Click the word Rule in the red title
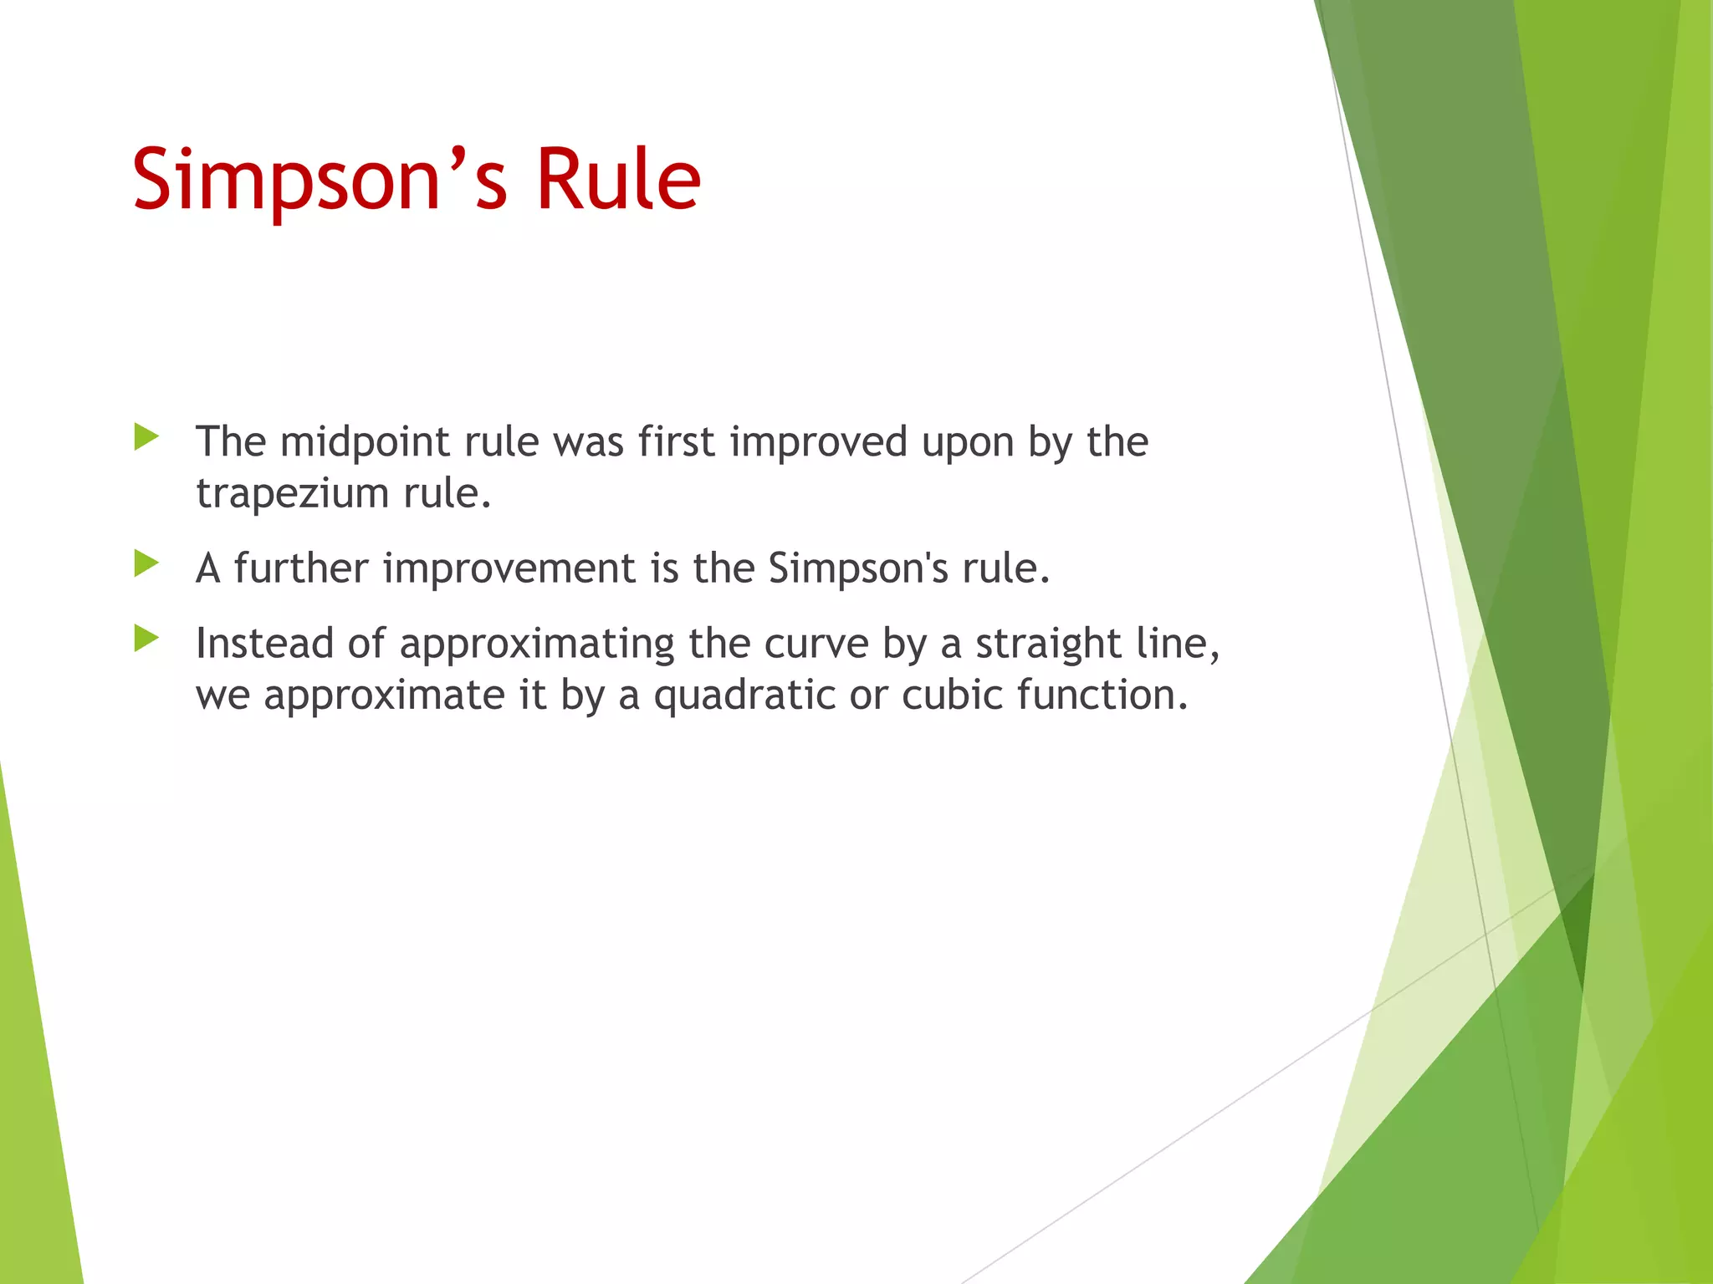(x=617, y=180)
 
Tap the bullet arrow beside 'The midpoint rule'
(x=146, y=436)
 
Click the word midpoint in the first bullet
(x=367, y=442)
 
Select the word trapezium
(x=293, y=493)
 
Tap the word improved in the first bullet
(x=818, y=442)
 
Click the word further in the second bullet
(x=300, y=568)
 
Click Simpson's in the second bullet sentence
(x=858, y=568)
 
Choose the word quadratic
(x=744, y=695)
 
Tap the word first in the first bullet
(x=677, y=442)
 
